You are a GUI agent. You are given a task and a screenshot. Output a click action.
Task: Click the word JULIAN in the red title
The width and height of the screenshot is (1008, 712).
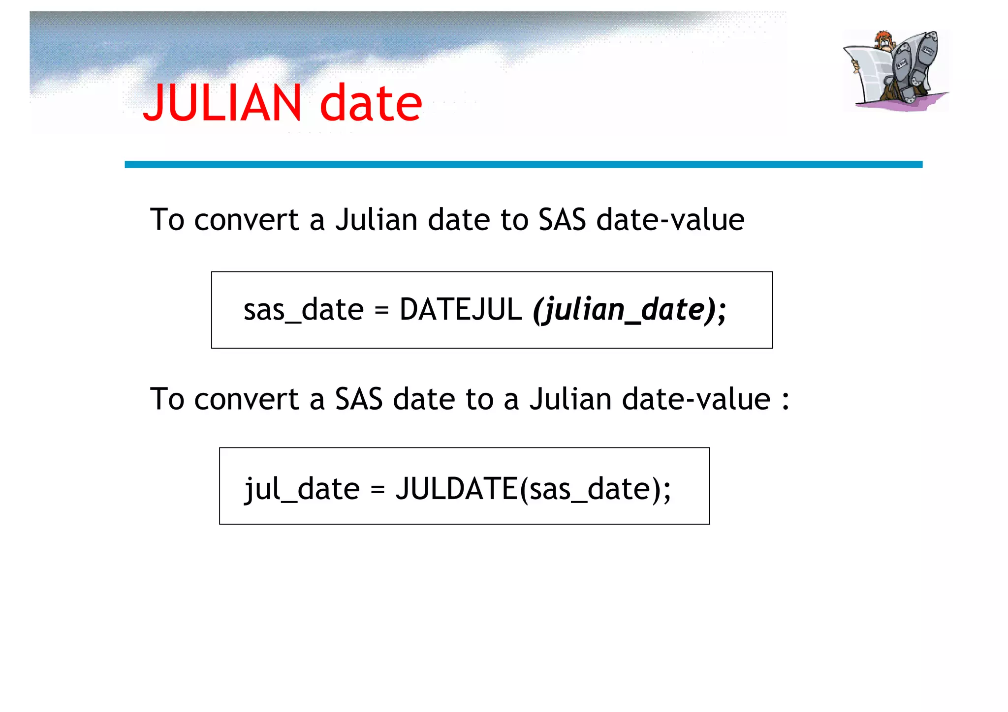coord(222,103)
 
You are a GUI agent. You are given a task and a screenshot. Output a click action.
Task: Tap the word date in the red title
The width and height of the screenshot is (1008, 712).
coord(371,103)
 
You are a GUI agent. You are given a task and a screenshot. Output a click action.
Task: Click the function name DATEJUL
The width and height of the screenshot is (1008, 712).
coord(460,310)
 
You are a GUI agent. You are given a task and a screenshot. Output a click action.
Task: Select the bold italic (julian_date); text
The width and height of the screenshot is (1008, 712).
coord(630,310)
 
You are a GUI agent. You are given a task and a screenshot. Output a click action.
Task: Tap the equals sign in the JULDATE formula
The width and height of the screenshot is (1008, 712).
coord(378,490)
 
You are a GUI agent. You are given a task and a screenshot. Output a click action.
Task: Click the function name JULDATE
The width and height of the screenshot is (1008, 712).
coord(456,489)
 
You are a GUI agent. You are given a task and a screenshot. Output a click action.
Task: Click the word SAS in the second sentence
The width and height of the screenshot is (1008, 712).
coord(359,399)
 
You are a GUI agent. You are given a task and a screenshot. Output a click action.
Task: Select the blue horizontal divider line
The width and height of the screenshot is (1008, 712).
coord(523,165)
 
